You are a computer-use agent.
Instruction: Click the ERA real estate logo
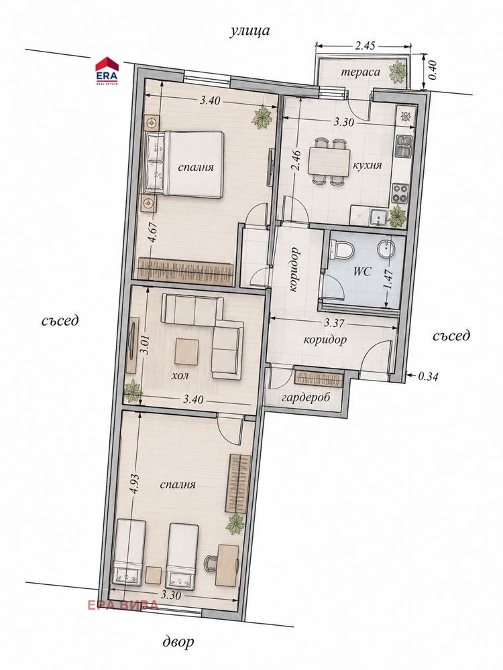click(107, 70)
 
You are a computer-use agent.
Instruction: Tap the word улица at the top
click(249, 31)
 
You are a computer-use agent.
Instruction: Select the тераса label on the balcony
click(360, 72)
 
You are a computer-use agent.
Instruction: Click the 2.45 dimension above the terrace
click(365, 46)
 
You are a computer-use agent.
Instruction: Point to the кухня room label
click(367, 165)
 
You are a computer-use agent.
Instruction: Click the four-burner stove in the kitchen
click(401, 193)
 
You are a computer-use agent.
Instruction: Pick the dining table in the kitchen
click(329, 161)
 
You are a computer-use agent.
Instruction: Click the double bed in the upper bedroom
click(185, 164)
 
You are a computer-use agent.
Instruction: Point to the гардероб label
click(306, 397)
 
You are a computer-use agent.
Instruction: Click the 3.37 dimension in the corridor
click(333, 323)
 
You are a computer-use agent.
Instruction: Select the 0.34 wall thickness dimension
click(428, 377)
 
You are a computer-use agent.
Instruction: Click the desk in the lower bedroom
click(227, 565)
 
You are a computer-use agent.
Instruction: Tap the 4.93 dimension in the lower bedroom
click(135, 485)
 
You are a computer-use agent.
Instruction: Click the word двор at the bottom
click(178, 641)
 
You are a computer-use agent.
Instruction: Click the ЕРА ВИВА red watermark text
click(123, 604)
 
